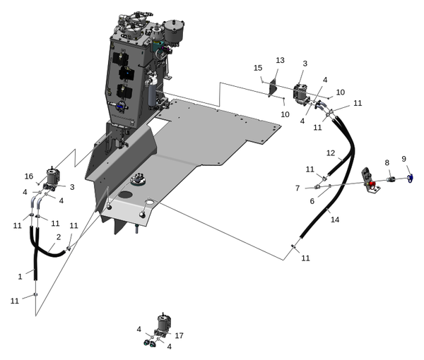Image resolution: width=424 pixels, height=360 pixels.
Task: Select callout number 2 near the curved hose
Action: (59, 237)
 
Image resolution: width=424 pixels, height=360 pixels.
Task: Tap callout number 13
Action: (280, 61)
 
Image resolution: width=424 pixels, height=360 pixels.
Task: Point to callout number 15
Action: (258, 67)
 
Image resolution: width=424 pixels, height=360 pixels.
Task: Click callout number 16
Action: (29, 176)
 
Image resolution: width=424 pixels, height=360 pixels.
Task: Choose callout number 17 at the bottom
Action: (179, 335)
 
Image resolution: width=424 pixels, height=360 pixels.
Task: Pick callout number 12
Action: (330, 152)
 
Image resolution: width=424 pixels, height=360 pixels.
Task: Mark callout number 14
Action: (335, 220)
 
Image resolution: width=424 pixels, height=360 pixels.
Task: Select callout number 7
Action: (298, 188)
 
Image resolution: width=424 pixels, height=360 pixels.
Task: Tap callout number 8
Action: (387, 163)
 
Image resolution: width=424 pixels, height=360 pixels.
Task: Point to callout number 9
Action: (404, 159)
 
